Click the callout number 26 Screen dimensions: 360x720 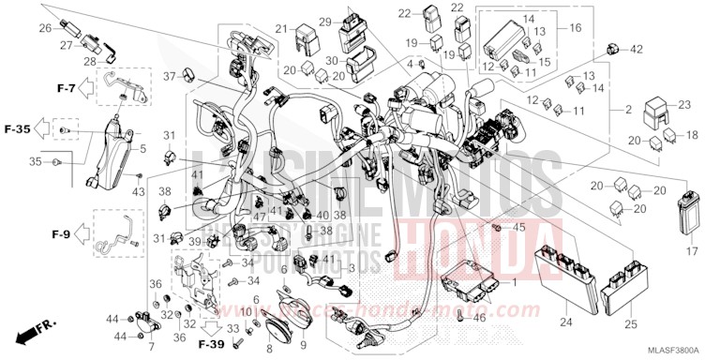[44, 28]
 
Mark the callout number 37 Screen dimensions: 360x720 [169, 76]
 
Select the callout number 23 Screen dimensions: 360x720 [683, 104]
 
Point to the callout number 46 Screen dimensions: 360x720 [479, 319]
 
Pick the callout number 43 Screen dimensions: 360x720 [139, 192]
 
